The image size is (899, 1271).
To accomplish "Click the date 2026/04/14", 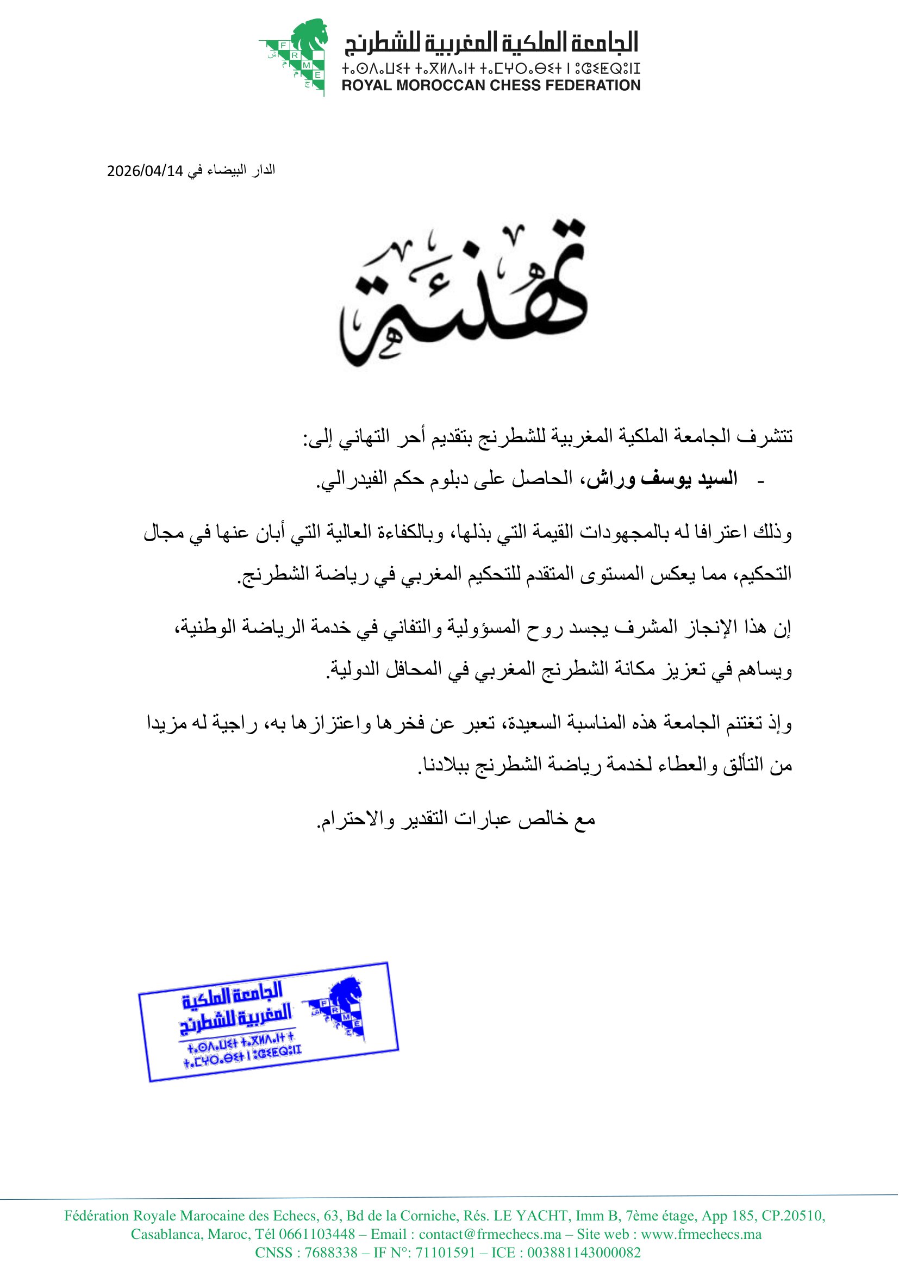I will click(x=145, y=171).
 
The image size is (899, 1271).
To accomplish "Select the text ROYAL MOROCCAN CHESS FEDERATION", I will click(x=490, y=85).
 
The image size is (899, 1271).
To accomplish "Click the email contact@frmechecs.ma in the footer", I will click(x=490, y=1234).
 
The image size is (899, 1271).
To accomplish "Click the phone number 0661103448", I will click(x=317, y=1234).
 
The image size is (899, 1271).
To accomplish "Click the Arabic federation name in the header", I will click(x=491, y=43).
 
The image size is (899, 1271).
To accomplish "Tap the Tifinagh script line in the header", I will click(x=490, y=68).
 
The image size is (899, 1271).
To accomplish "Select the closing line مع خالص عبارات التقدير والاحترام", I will click(x=455, y=818).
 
